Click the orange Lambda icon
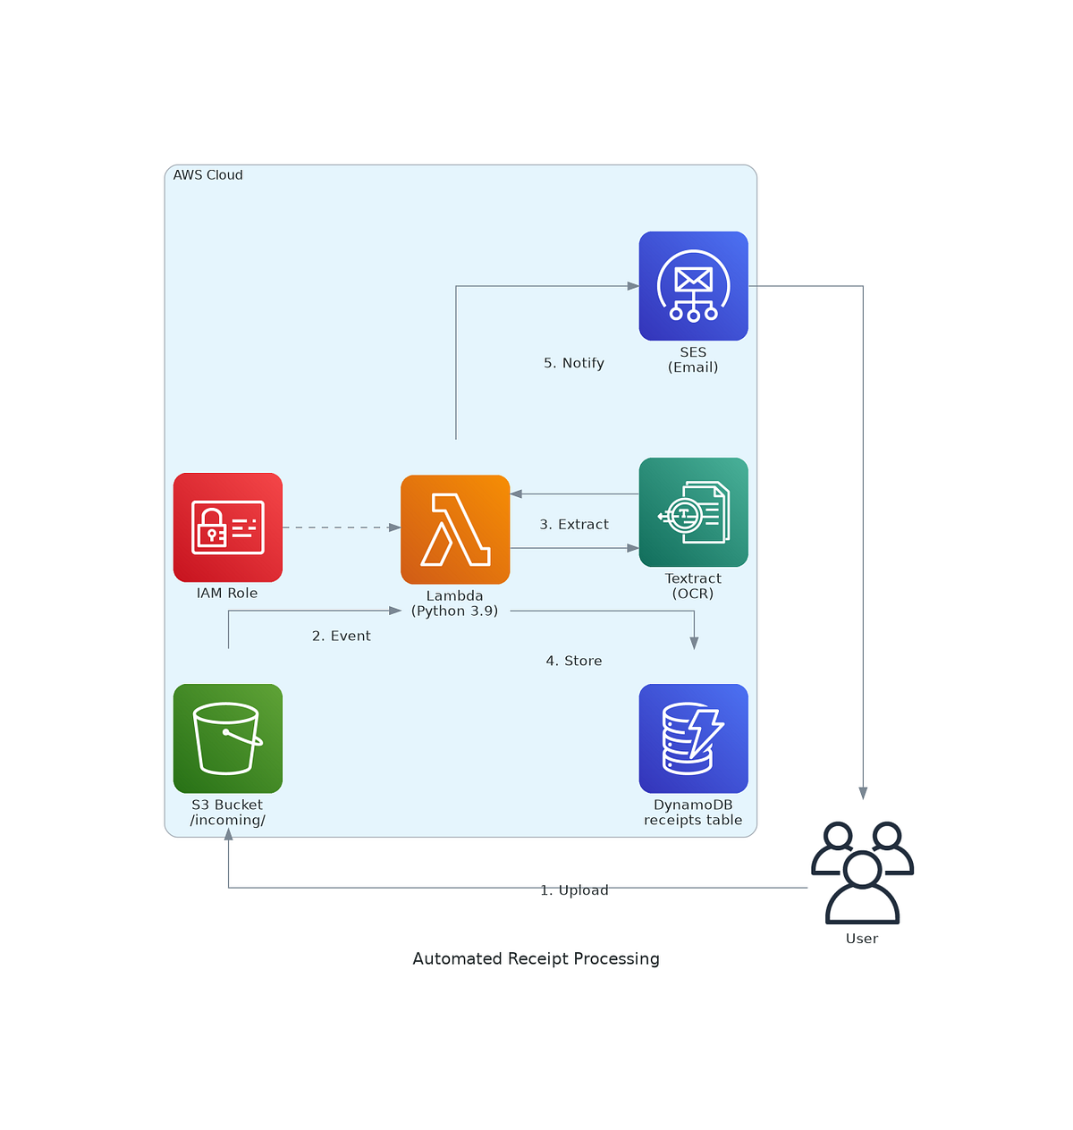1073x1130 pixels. point(455,529)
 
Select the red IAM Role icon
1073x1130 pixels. point(228,527)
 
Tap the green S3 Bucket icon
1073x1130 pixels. point(228,738)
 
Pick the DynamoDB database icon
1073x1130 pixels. point(693,738)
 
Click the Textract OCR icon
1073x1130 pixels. point(693,512)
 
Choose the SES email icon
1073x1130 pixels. point(693,286)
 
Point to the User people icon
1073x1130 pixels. point(862,873)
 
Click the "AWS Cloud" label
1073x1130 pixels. point(207,175)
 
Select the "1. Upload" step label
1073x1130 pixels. point(574,890)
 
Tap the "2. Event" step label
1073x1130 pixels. point(341,636)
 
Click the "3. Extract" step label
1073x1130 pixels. point(574,525)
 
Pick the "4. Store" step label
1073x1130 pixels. point(574,661)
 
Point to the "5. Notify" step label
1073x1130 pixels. point(574,363)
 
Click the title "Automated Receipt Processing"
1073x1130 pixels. point(536,958)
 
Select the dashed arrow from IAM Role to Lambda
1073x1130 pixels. point(340,527)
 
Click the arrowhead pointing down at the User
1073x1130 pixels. point(863,793)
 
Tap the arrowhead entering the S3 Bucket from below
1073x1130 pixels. point(229,834)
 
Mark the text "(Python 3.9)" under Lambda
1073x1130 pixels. point(454,611)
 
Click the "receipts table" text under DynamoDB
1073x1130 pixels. point(693,821)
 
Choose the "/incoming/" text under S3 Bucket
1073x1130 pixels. point(228,821)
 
